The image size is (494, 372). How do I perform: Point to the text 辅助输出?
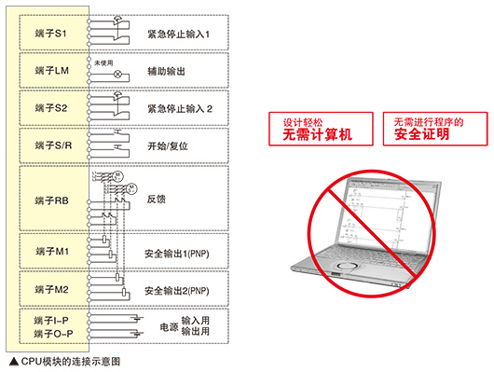(x=166, y=71)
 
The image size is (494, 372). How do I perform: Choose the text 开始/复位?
(x=169, y=146)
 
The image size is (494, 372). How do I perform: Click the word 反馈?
(x=157, y=200)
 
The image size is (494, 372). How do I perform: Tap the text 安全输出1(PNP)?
(x=183, y=253)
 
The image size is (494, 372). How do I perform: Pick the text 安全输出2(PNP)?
(x=183, y=291)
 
